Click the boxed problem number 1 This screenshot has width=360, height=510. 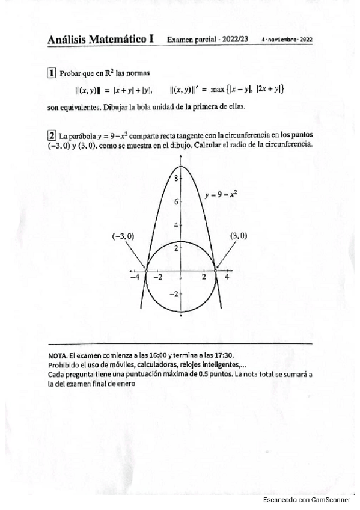[x=52, y=73]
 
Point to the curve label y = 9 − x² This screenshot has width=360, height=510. [x=221, y=194]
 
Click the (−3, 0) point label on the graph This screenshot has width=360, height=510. [x=123, y=236]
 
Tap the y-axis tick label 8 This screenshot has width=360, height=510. [x=176, y=179]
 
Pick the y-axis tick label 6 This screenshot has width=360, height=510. [x=176, y=202]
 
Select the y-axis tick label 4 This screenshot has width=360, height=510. [x=176, y=224]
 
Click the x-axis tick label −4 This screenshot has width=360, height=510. [x=135, y=278]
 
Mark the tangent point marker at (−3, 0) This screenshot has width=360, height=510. [x=147, y=271]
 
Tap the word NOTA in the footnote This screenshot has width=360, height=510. [x=58, y=355]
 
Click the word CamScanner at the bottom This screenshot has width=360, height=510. [x=331, y=500]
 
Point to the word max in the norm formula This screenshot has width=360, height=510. [x=217, y=90]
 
